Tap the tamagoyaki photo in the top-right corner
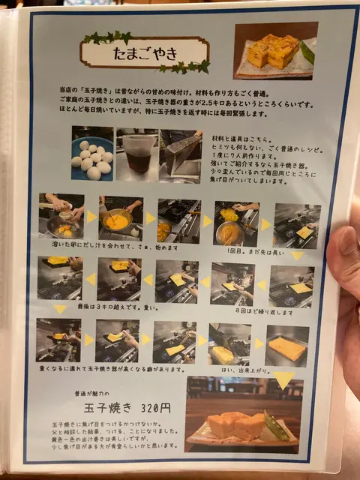tap(274, 50)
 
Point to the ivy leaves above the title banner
tap(106, 37)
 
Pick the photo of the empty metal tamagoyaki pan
tap(181, 155)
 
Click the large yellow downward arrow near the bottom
tap(283, 379)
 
